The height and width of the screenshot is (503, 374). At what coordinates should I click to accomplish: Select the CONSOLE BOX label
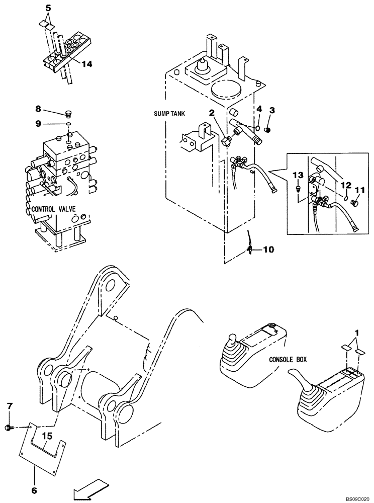(288, 360)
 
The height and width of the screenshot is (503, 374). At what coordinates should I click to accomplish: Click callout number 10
(268, 248)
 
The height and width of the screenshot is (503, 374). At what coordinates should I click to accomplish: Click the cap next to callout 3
(267, 130)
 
